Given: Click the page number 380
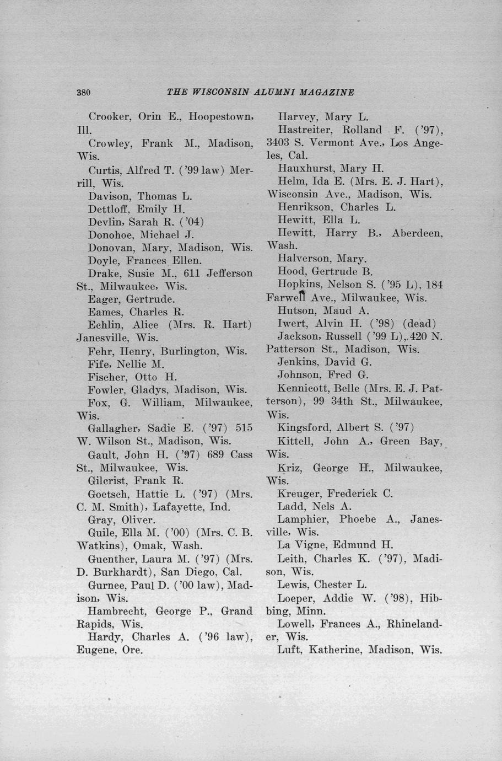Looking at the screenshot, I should click(83, 93).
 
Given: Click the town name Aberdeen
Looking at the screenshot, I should click(417, 233).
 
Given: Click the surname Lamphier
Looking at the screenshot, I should click(303, 519).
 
